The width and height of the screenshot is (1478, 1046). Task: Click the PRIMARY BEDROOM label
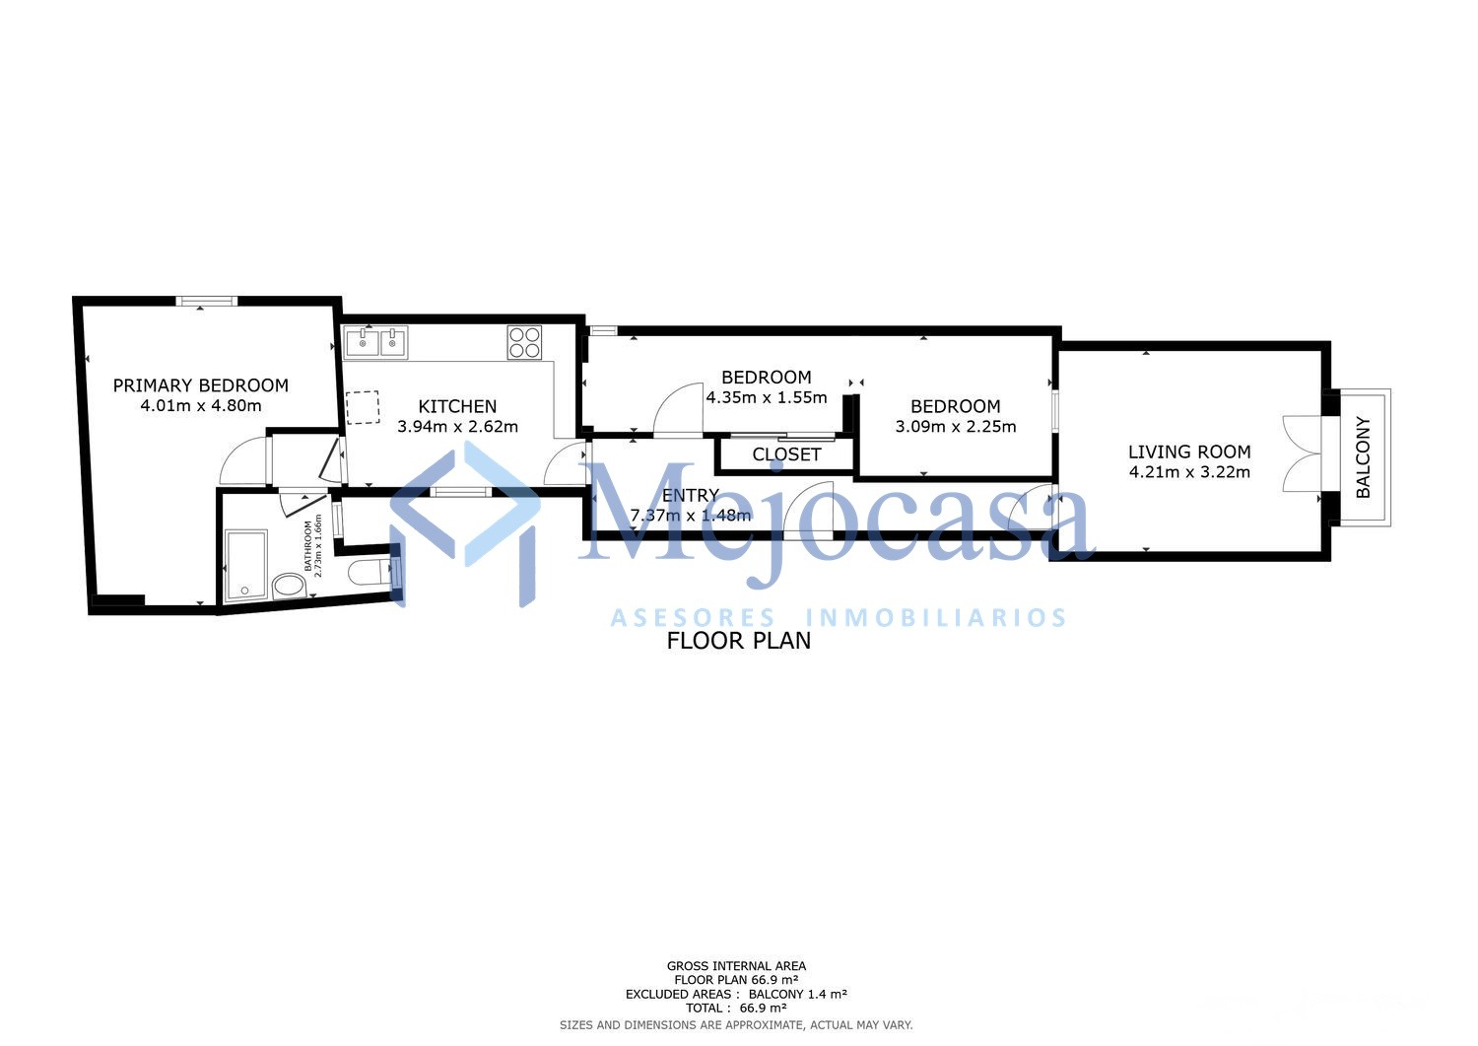201,385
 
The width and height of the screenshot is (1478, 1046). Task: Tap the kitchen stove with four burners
524,343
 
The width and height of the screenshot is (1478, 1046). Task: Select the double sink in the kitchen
374,343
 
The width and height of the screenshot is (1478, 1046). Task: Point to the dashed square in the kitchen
363,407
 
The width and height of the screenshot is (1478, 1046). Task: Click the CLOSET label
786,455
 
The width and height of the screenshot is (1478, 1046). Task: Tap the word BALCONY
1363,457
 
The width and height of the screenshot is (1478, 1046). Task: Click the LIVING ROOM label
1189,453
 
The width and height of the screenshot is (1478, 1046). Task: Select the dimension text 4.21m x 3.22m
1189,472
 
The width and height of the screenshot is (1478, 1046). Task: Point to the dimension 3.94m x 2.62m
457,427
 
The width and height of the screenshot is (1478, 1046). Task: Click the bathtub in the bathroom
245,566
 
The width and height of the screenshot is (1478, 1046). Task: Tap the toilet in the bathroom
369,572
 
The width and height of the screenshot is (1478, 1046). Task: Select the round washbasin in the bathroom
289,587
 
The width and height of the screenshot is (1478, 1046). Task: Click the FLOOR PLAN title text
738,641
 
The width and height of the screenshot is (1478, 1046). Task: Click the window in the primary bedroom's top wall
207,301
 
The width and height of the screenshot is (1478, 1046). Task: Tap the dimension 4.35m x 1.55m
766,397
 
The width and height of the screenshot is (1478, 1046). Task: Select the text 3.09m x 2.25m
956,427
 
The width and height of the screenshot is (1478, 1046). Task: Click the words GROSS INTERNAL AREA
736,966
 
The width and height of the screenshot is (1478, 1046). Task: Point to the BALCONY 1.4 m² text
798,994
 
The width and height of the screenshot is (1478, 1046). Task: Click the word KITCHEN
457,407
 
